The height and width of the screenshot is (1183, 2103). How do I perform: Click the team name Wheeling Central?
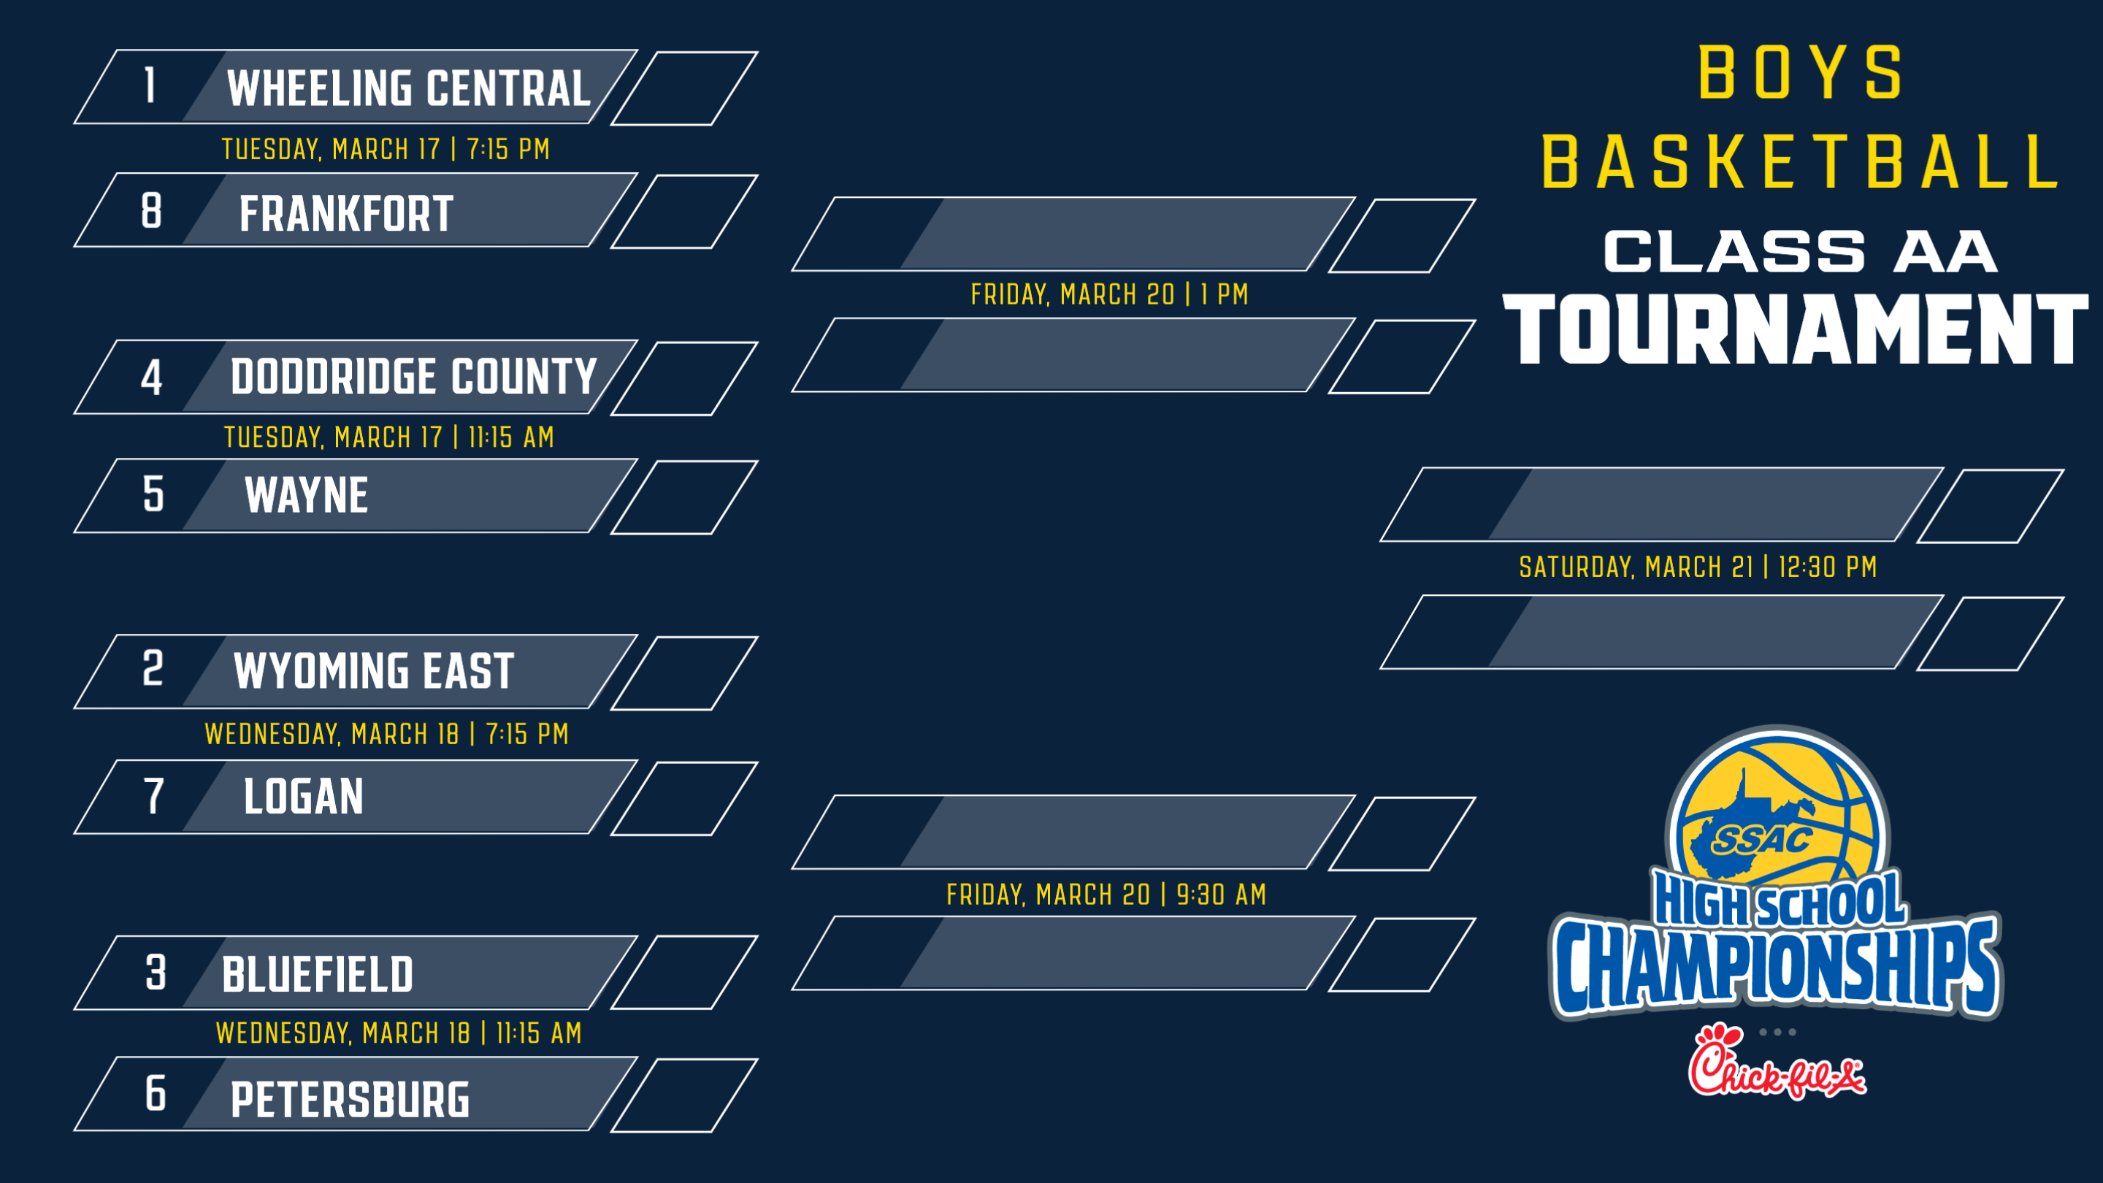[x=408, y=88]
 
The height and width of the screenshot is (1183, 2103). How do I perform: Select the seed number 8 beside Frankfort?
[x=151, y=210]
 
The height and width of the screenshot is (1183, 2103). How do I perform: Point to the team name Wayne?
[x=306, y=495]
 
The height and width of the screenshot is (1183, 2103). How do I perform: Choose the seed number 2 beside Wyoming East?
[x=153, y=668]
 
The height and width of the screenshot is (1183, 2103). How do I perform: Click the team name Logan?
[x=304, y=796]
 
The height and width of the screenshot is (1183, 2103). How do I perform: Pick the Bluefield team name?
[x=318, y=974]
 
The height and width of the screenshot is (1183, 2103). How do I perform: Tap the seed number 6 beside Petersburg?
[x=155, y=1093]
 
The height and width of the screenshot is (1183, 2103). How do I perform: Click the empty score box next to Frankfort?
[x=684, y=212]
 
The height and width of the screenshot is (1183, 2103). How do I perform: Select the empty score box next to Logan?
[x=684, y=798]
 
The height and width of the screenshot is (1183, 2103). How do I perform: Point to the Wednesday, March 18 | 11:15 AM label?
[x=399, y=1033]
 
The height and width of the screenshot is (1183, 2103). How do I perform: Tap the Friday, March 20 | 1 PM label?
[x=1109, y=294]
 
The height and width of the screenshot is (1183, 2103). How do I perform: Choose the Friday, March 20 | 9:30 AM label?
[x=1106, y=894]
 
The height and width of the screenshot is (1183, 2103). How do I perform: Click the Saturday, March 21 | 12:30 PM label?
[x=1698, y=567]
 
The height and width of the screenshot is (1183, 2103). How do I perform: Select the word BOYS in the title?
[x=1800, y=73]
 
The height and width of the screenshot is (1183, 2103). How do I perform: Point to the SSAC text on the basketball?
[x=1762, y=839]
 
